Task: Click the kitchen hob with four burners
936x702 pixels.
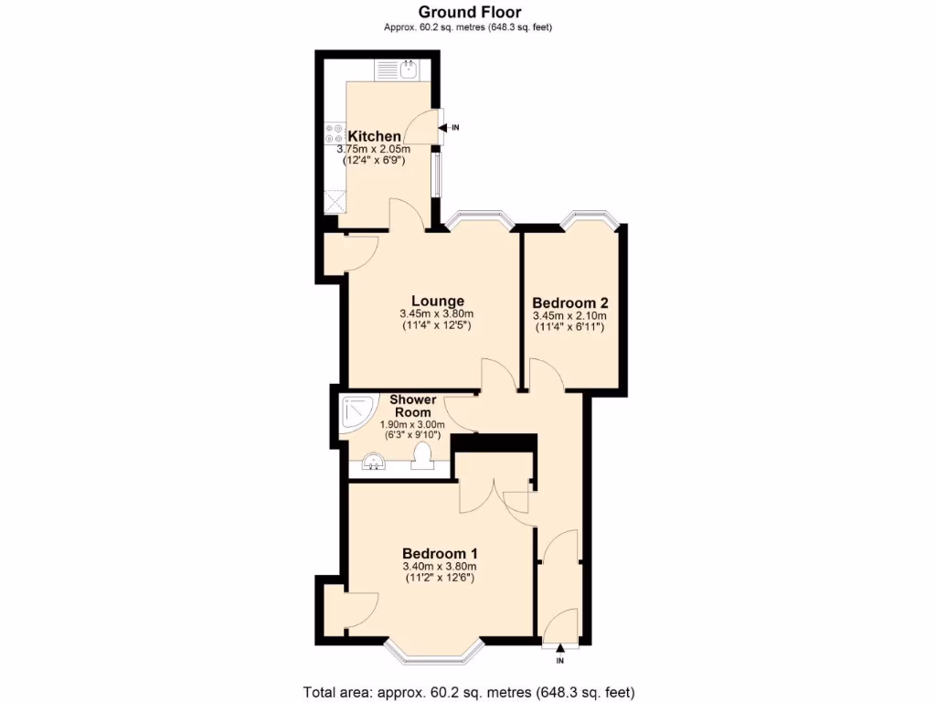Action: click(334, 134)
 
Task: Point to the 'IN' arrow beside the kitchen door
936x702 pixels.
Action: click(451, 127)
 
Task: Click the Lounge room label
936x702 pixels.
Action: click(437, 301)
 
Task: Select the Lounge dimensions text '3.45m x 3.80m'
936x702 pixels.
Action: click(437, 314)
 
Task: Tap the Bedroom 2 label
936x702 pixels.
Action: click(569, 303)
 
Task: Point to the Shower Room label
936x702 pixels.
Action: click(412, 406)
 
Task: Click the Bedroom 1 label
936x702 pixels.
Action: click(440, 553)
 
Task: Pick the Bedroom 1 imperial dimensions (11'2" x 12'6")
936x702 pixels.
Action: click(440, 578)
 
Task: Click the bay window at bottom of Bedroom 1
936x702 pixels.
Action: click(433, 651)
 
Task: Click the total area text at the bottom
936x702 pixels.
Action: click(468, 691)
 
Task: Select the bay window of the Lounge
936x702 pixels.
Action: click(478, 218)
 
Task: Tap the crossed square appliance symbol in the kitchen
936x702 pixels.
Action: click(334, 199)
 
